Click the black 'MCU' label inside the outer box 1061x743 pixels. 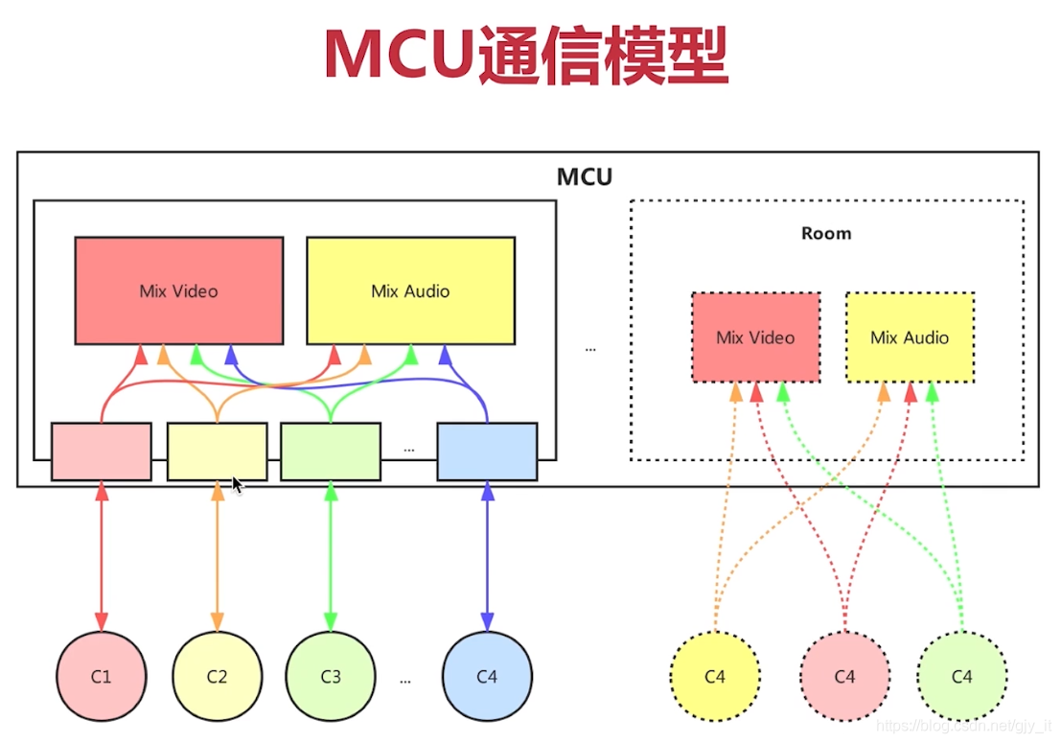[x=585, y=177]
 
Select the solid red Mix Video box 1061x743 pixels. [x=179, y=290]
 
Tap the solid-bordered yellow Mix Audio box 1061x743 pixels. [x=410, y=290]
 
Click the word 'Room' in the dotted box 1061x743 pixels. [x=826, y=233]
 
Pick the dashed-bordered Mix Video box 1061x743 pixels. [x=755, y=337]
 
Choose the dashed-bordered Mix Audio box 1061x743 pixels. [x=910, y=337]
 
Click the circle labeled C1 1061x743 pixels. [x=102, y=676]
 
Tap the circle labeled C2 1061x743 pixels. [x=218, y=676]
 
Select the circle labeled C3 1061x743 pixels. [x=331, y=676]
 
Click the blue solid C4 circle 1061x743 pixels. [x=487, y=676]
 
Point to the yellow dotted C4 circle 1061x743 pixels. [x=715, y=676]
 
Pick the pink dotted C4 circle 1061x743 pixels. [x=844, y=676]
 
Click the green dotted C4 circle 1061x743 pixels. [x=962, y=676]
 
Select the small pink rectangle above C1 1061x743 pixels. [x=101, y=451]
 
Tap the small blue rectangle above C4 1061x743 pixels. [x=487, y=451]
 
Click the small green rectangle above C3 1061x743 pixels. [x=331, y=451]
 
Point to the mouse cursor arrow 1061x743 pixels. [x=237, y=484]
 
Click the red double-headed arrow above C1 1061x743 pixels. [x=102, y=556]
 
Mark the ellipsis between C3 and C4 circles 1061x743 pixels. [x=405, y=680]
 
